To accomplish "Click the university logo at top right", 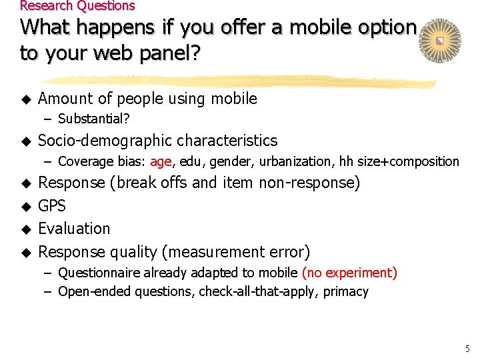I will tap(439, 41).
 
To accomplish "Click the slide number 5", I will tap(467, 348).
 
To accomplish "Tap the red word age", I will tap(161, 161).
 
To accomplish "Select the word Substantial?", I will tap(94, 119).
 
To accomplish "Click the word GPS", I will tap(52, 205).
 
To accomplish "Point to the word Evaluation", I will tap(74, 229).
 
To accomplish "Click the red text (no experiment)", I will tap(349, 273).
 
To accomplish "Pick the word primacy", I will tap(346, 291).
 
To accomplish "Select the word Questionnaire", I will tap(97, 273).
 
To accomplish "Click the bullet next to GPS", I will tap(27, 206).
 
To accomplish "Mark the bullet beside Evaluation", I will tap(27, 229).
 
